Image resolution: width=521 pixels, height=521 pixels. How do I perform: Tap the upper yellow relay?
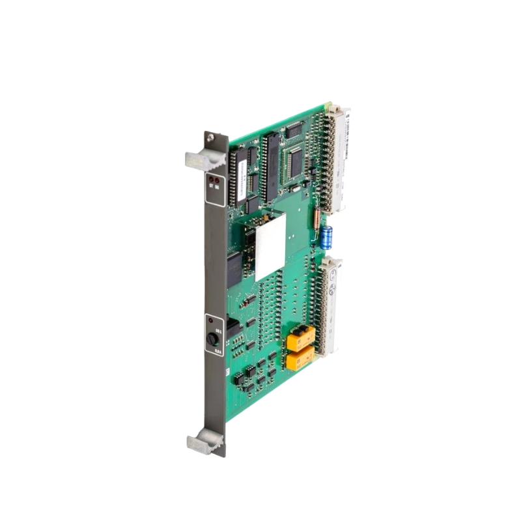[302, 336]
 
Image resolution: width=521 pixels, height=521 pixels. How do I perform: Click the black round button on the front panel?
[212, 339]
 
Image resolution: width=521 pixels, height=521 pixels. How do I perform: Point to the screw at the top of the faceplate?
[210, 137]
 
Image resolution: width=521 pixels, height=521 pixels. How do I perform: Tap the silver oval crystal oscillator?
[297, 189]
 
